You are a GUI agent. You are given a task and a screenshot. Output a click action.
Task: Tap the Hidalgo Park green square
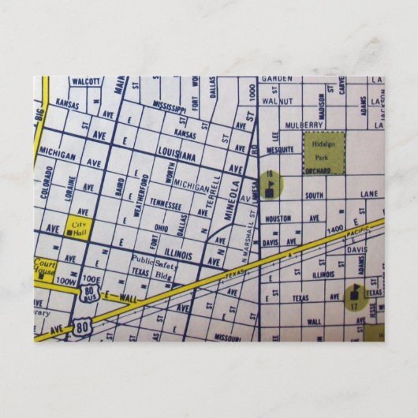pos(323,153)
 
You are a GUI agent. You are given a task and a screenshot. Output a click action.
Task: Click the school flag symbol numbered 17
pos(353,297)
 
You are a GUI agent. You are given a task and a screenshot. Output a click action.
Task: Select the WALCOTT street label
pos(85,81)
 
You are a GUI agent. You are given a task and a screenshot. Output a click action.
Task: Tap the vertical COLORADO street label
pos(49,182)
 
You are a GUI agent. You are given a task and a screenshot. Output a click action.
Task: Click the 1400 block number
pos(336,228)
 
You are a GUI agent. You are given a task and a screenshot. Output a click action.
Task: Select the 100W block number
pos(67,282)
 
